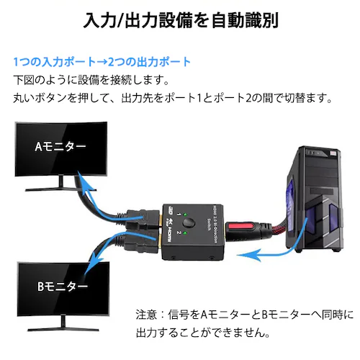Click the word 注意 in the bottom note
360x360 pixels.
pos(147,315)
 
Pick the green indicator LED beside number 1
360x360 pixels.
pos(183,216)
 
